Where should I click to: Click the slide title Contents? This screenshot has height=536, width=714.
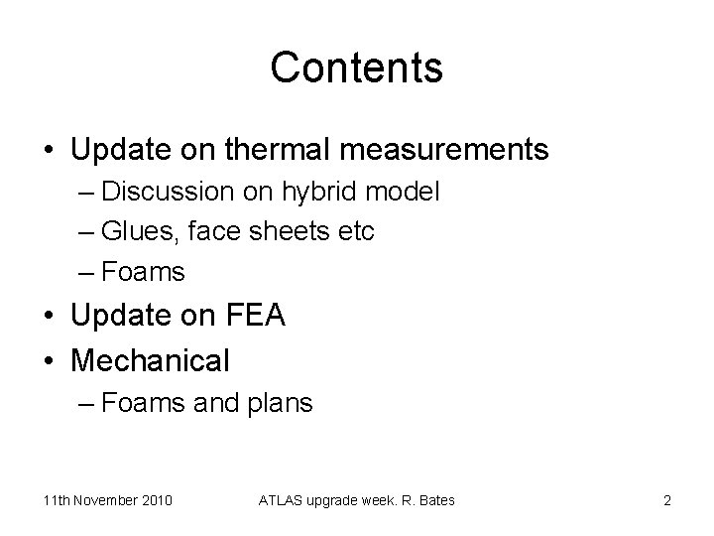(356, 67)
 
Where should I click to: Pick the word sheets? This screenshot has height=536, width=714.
(296, 231)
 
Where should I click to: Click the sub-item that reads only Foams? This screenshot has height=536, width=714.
(143, 271)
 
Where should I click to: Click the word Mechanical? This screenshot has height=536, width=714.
(150, 359)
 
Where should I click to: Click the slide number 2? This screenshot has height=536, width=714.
(667, 500)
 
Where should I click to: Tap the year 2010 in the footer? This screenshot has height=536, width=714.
(155, 500)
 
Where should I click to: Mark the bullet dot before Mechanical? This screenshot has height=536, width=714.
(50, 360)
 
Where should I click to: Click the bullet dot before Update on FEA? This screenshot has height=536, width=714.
(50, 318)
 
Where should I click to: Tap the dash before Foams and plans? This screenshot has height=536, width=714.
(86, 404)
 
